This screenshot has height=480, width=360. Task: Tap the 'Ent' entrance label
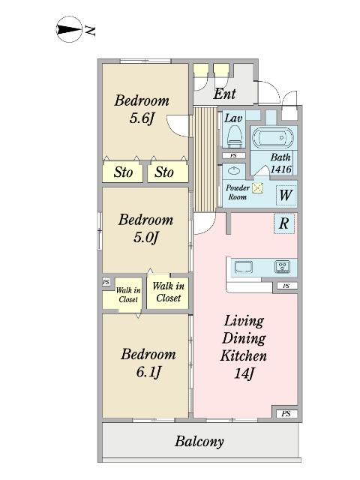(224, 94)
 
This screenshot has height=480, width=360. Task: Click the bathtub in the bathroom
(272, 138)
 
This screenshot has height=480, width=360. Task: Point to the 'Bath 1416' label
(280, 163)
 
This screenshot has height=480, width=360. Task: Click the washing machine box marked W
(286, 195)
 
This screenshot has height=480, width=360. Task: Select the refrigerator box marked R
(284, 223)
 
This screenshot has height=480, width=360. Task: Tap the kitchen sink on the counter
(244, 267)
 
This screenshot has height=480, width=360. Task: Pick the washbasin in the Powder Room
(234, 170)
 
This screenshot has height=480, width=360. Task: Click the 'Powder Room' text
(238, 192)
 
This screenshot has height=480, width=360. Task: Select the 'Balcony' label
(199, 442)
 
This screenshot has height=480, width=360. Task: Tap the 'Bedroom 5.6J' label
(142, 109)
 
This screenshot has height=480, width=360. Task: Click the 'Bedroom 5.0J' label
(145, 228)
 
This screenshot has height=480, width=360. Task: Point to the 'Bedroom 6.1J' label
(148, 363)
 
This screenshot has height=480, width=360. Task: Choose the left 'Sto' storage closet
(123, 172)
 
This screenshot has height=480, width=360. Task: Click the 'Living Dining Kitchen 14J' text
(244, 347)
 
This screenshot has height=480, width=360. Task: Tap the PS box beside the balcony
(286, 414)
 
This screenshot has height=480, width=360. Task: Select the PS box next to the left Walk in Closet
(106, 282)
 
